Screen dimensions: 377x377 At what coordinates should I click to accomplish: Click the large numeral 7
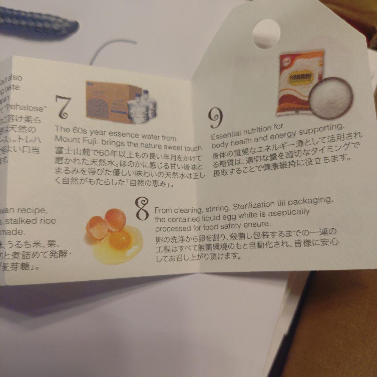pos(64,107)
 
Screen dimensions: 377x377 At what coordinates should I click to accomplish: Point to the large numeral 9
pos(216,119)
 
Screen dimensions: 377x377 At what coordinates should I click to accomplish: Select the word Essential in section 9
pos(227,134)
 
